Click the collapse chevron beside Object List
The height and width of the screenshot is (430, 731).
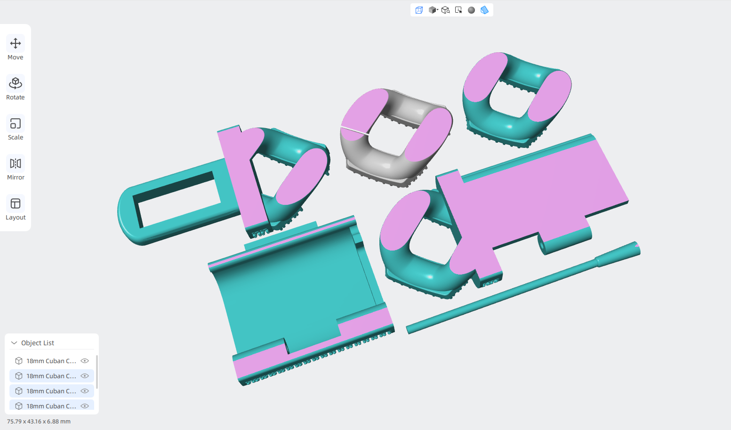14,343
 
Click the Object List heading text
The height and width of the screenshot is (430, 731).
38,343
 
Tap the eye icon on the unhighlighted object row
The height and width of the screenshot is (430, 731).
85,361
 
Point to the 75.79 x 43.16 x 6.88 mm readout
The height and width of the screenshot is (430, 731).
39,421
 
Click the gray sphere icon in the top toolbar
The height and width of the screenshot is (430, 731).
471,10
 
